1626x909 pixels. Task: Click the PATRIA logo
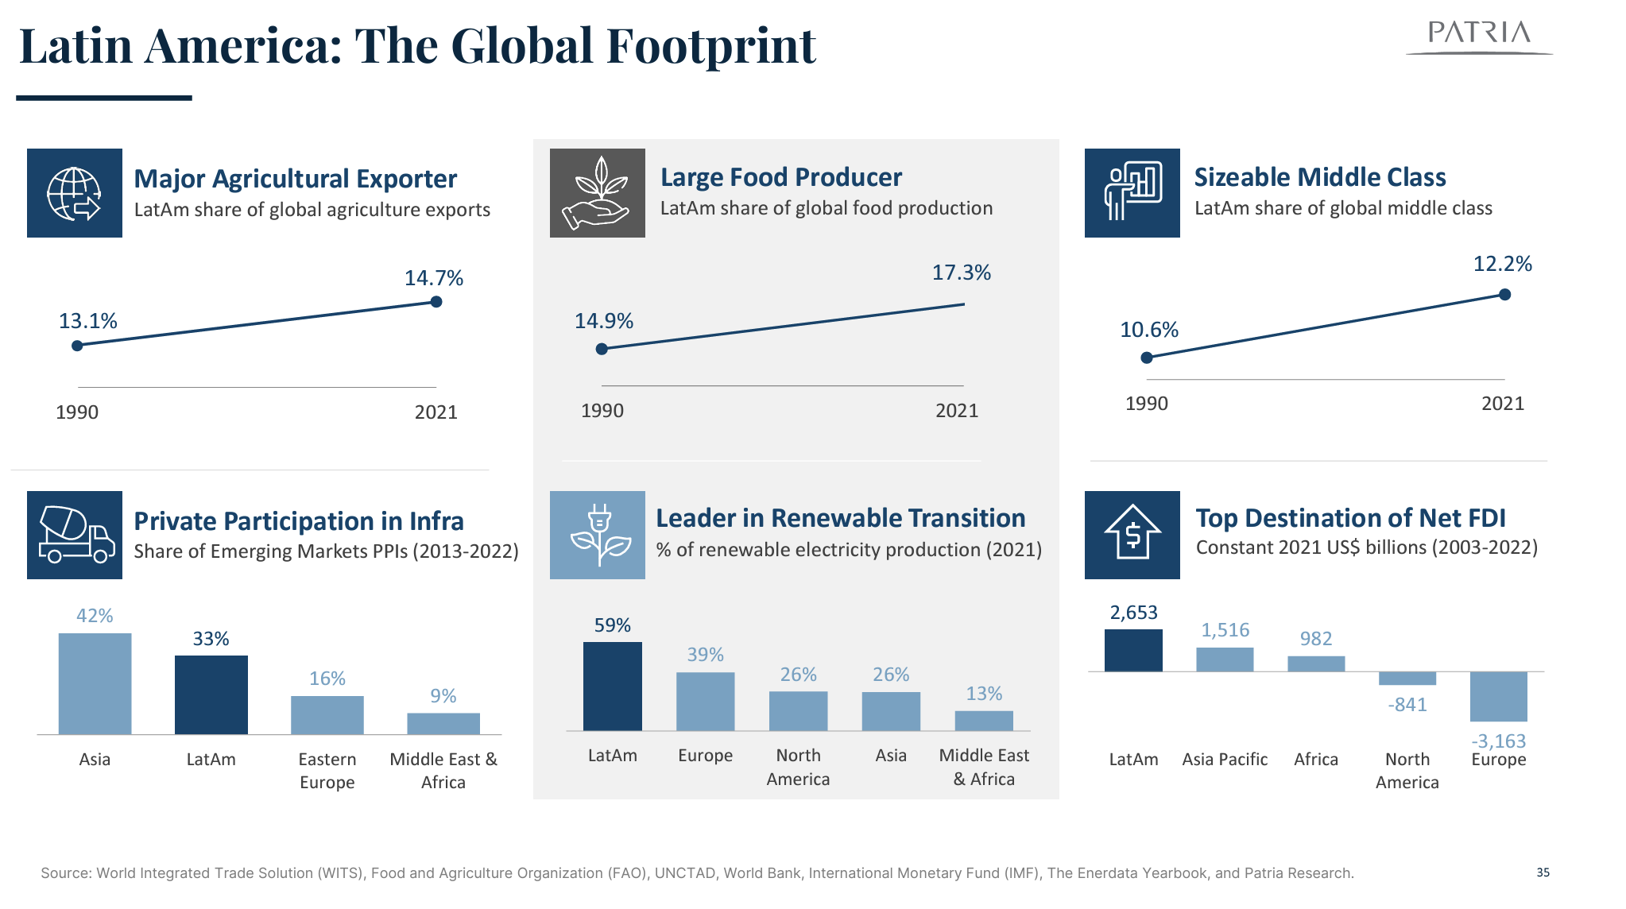coord(1479,35)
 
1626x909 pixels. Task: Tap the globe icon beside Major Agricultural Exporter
coord(74,193)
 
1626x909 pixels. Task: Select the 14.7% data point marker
coord(436,302)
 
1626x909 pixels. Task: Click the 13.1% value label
coord(87,321)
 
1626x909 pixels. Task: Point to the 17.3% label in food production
coord(961,273)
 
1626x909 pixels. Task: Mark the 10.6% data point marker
coord(1147,358)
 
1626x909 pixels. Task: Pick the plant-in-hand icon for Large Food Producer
coord(597,193)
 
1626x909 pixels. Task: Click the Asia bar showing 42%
coord(95,683)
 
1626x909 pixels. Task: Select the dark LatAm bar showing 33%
coord(211,694)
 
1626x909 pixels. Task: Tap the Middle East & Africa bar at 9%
coord(443,723)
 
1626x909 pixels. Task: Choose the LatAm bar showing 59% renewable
coord(612,687)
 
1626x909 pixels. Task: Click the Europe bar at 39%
coord(705,702)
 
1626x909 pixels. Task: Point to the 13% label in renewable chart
coord(984,694)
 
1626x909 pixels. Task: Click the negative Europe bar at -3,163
coord(1498,697)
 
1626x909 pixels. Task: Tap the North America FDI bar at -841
coord(1407,679)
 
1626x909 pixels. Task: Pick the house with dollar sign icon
coord(1132,535)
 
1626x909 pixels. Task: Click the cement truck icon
coord(75,535)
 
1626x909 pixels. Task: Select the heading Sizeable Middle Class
coord(1319,177)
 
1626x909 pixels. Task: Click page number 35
coord(1543,872)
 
